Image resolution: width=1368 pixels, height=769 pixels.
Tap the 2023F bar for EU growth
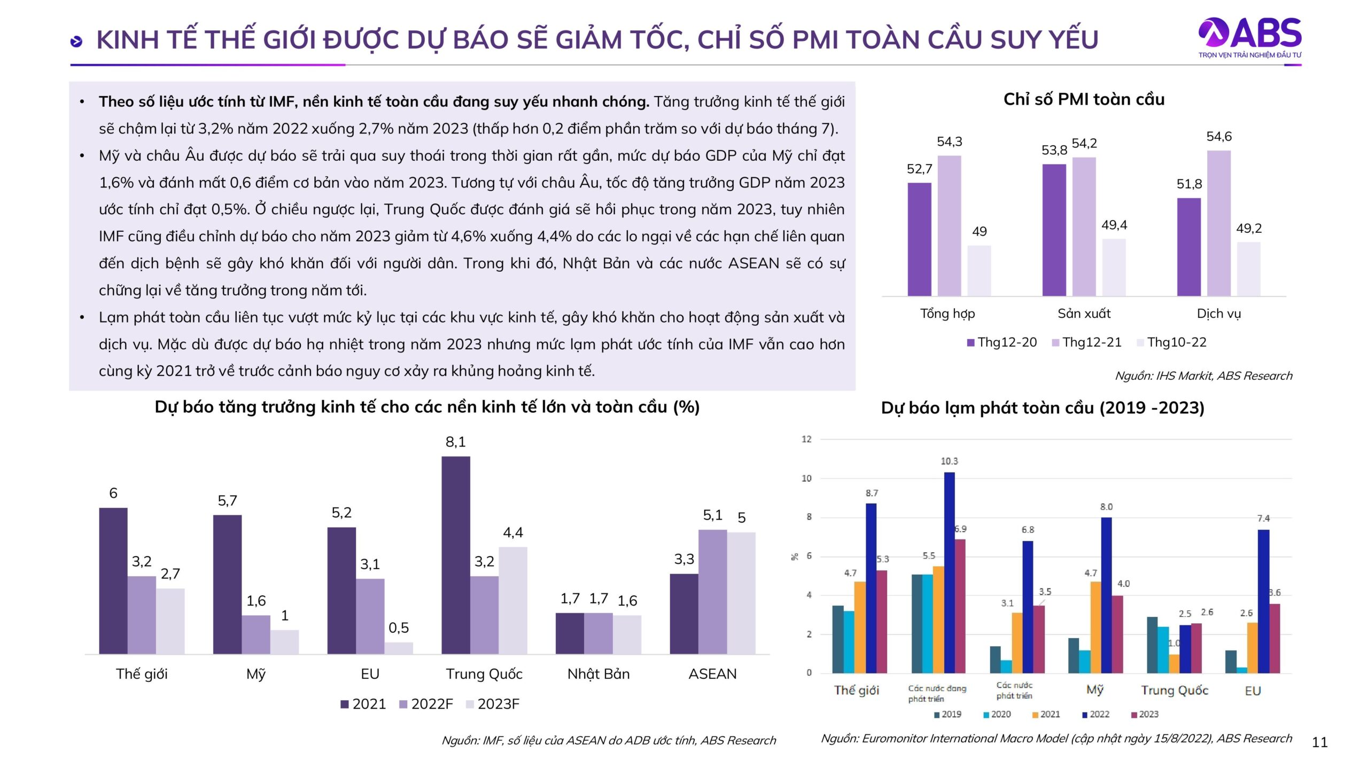click(x=398, y=648)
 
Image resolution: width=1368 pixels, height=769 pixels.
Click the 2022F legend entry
click(x=426, y=704)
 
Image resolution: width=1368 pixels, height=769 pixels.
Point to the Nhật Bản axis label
click(x=598, y=674)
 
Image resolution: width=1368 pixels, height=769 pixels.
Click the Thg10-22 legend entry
click(x=1171, y=342)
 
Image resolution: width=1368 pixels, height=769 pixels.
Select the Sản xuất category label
click(x=1084, y=313)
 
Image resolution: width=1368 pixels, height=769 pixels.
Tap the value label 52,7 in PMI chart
click(x=919, y=169)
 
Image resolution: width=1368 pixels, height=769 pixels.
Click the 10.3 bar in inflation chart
click(x=949, y=572)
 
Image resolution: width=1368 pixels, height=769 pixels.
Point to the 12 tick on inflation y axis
click(x=806, y=439)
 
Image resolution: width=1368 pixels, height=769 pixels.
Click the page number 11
click(x=1319, y=742)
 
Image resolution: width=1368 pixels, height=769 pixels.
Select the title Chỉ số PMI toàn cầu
click(x=1084, y=99)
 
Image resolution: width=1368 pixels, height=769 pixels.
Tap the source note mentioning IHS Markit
click(x=1203, y=376)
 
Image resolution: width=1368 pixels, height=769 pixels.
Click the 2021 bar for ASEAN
click(x=683, y=614)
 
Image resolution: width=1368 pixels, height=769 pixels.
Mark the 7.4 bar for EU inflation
click(x=1263, y=601)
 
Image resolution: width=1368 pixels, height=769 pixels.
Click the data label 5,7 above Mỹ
click(x=227, y=501)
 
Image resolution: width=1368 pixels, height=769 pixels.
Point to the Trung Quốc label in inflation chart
click(x=1174, y=690)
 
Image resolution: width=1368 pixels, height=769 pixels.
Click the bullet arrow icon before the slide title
click(x=76, y=41)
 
